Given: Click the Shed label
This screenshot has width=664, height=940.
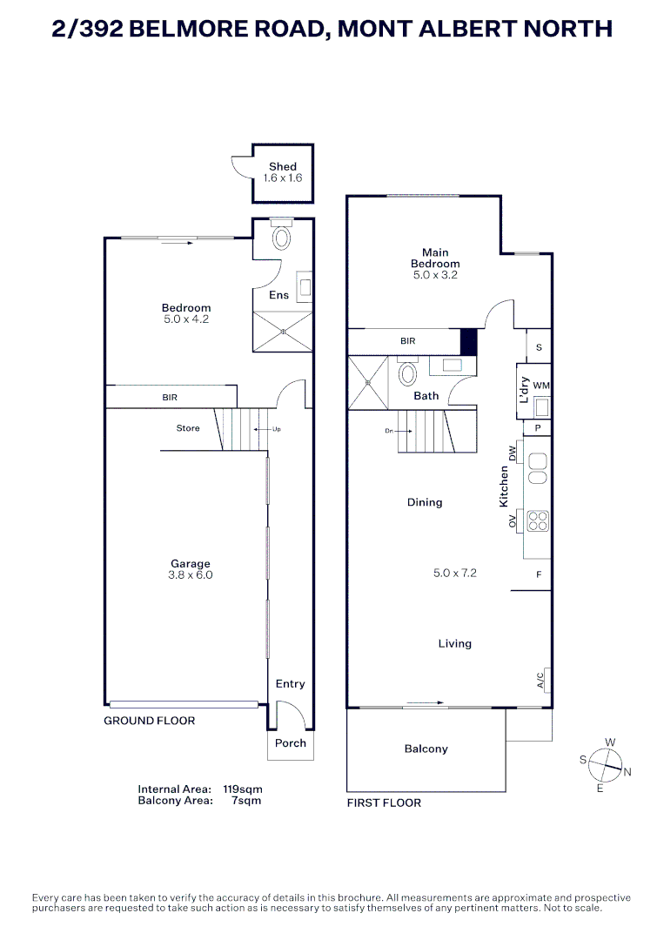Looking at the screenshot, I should pos(282,166).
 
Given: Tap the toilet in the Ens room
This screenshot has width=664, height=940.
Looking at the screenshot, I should pos(282,237).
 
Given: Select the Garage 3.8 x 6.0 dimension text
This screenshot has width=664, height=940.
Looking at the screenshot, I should pos(190,575).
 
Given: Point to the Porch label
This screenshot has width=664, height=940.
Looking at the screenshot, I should pos(291,743).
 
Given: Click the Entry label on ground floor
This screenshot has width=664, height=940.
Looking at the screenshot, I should pos(291,684).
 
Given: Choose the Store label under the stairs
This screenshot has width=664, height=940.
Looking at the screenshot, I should pos(188,428).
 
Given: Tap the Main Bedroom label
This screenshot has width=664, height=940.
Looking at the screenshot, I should pos(435,258).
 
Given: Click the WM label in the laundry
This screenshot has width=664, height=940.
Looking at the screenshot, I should pos(540,385).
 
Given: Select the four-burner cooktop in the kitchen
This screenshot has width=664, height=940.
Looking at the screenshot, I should pos(538,520).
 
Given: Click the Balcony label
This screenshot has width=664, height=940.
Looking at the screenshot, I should pos(426,749).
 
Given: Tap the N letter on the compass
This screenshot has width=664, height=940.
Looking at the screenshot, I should pos(627,772).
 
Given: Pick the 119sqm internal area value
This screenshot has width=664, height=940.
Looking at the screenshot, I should pos(243,789).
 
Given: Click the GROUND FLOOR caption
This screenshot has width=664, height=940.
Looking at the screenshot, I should pos(150,721).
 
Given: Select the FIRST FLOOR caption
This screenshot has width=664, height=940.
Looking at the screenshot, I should pos(384,802).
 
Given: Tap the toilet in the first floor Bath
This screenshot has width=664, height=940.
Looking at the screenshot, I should pos(408,374).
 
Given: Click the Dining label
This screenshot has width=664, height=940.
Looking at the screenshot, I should pos(425,502).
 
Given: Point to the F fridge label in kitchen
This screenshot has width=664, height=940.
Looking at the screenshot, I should pos(539,574).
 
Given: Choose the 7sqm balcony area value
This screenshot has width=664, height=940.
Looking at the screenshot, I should pos(245,801).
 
